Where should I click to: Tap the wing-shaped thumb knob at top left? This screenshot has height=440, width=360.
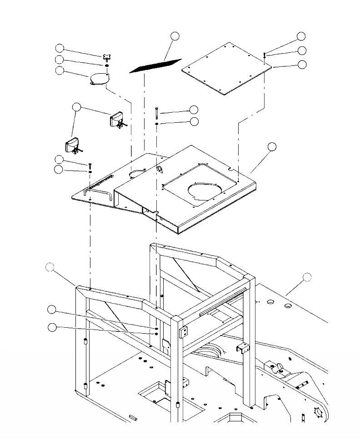pos(107,57)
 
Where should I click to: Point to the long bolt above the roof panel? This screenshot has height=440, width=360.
pos(157,112)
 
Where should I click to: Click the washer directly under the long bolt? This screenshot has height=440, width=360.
pos(157,123)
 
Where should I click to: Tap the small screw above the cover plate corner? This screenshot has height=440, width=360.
pos(264,55)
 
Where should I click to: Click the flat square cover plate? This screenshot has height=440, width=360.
pos(226,68)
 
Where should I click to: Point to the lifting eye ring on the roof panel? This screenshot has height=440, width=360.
pos(160,169)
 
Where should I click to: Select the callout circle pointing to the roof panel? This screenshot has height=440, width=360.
pos(271,146)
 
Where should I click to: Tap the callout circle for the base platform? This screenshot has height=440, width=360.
pos(307,276)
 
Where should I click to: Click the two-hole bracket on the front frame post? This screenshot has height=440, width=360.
pos(184,333)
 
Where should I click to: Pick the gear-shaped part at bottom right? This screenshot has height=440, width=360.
pos(320,413)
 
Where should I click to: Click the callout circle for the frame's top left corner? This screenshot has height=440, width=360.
pos(50,268)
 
